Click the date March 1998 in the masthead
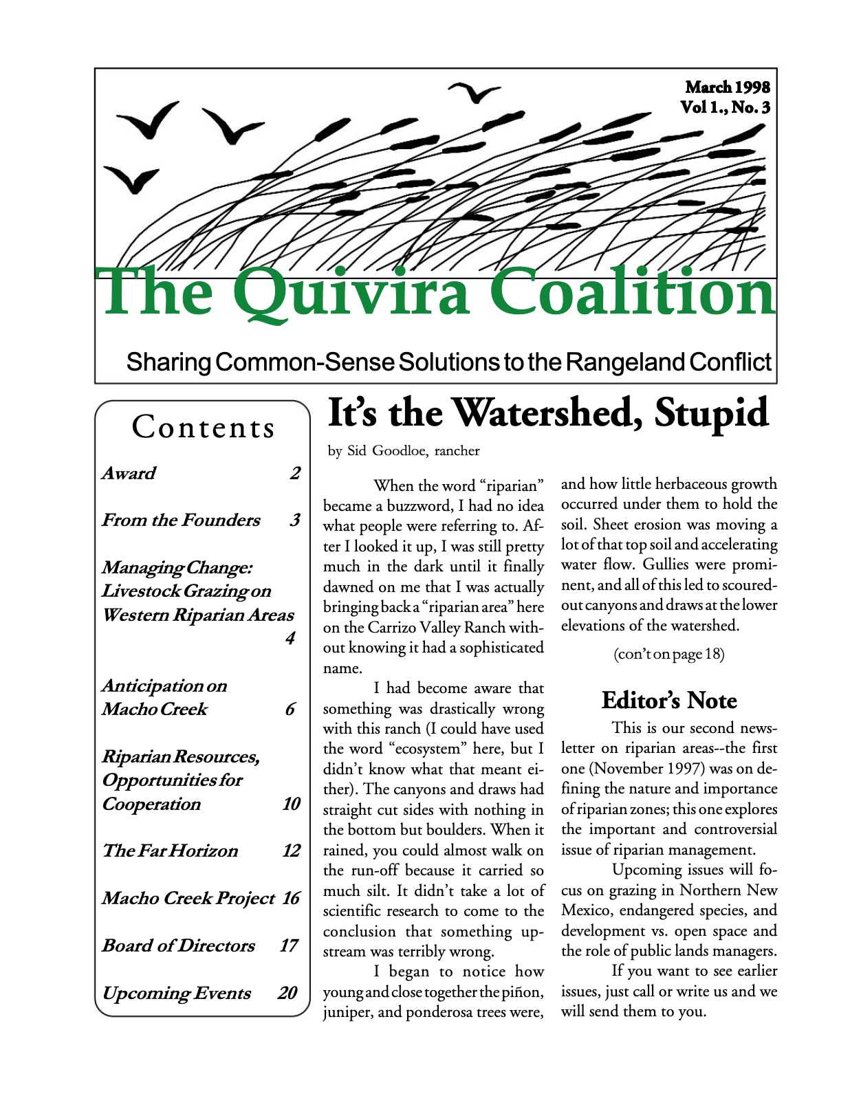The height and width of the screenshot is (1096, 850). point(727,87)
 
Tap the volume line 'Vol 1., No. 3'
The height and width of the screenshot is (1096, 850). point(725,108)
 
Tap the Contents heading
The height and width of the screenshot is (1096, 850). point(203,427)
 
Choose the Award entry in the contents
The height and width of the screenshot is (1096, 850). point(129,474)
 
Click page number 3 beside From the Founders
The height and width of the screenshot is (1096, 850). point(294,520)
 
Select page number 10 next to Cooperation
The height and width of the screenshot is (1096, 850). point(291,804)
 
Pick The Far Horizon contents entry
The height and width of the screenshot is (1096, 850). point(170,851)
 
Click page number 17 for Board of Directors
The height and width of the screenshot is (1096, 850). point(288,946)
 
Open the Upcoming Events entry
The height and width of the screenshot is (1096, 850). point(177,994)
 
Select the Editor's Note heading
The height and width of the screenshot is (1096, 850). point(668,701)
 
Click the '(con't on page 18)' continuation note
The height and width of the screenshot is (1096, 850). point(668,654)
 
